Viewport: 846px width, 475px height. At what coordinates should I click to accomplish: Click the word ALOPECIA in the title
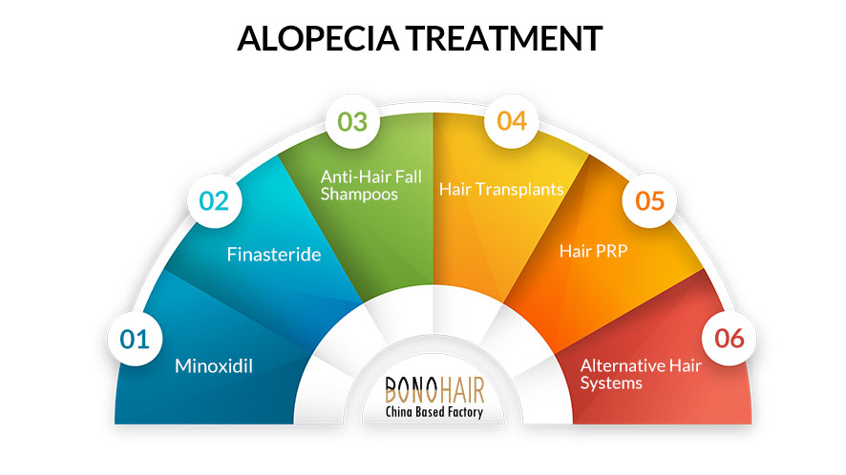coord(318,38)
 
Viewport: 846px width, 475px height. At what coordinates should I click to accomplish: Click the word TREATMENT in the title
coord(504,38)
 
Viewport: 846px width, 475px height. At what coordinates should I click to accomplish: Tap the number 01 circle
coord(135,340)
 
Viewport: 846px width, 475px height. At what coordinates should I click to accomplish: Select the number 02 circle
coord(214,201)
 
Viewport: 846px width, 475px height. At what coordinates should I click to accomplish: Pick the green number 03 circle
coord(352,121)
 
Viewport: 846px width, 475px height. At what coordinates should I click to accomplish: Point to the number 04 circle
coord(512,121)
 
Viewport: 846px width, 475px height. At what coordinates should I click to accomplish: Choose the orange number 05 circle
coord(649,200)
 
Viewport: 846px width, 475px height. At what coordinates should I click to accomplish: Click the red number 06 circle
coord(729,338)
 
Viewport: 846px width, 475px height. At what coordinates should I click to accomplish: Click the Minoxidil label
coord(214,366)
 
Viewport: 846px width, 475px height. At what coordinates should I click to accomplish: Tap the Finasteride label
coord(273,254)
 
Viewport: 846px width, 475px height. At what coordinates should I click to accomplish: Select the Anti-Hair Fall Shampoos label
coord(370,185)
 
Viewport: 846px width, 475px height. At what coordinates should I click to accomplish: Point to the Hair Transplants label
coord(501,189)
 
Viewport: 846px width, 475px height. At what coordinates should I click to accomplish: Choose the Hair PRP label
coord(594,251)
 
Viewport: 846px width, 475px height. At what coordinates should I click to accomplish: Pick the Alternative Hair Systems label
coord(641,374)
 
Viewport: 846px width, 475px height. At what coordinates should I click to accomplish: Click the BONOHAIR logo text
coord(434,389)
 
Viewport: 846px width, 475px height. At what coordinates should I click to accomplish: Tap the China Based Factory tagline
coord(434,412)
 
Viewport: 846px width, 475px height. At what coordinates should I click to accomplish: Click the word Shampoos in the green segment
coord(359,195)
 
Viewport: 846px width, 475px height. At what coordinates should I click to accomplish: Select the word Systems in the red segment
coord(611,383)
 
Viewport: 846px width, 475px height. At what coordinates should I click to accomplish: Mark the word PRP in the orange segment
coord(610,251)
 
